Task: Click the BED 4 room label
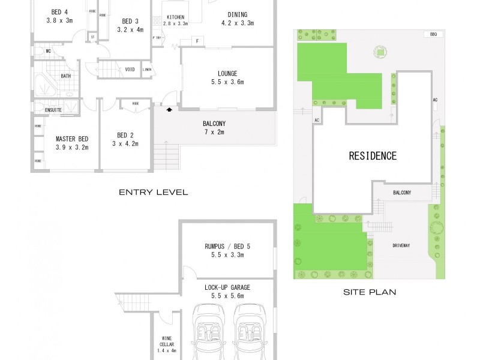click(59, 12)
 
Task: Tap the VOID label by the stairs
click(130, 70)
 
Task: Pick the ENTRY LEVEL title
click(153, 193)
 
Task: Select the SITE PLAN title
click(369, 293)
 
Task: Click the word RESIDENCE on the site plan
click(373, 156)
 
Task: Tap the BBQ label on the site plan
click(433, 35)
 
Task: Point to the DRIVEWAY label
click(401, 246)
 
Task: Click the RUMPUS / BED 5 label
click(229, 245)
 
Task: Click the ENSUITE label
click(53, 110)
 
